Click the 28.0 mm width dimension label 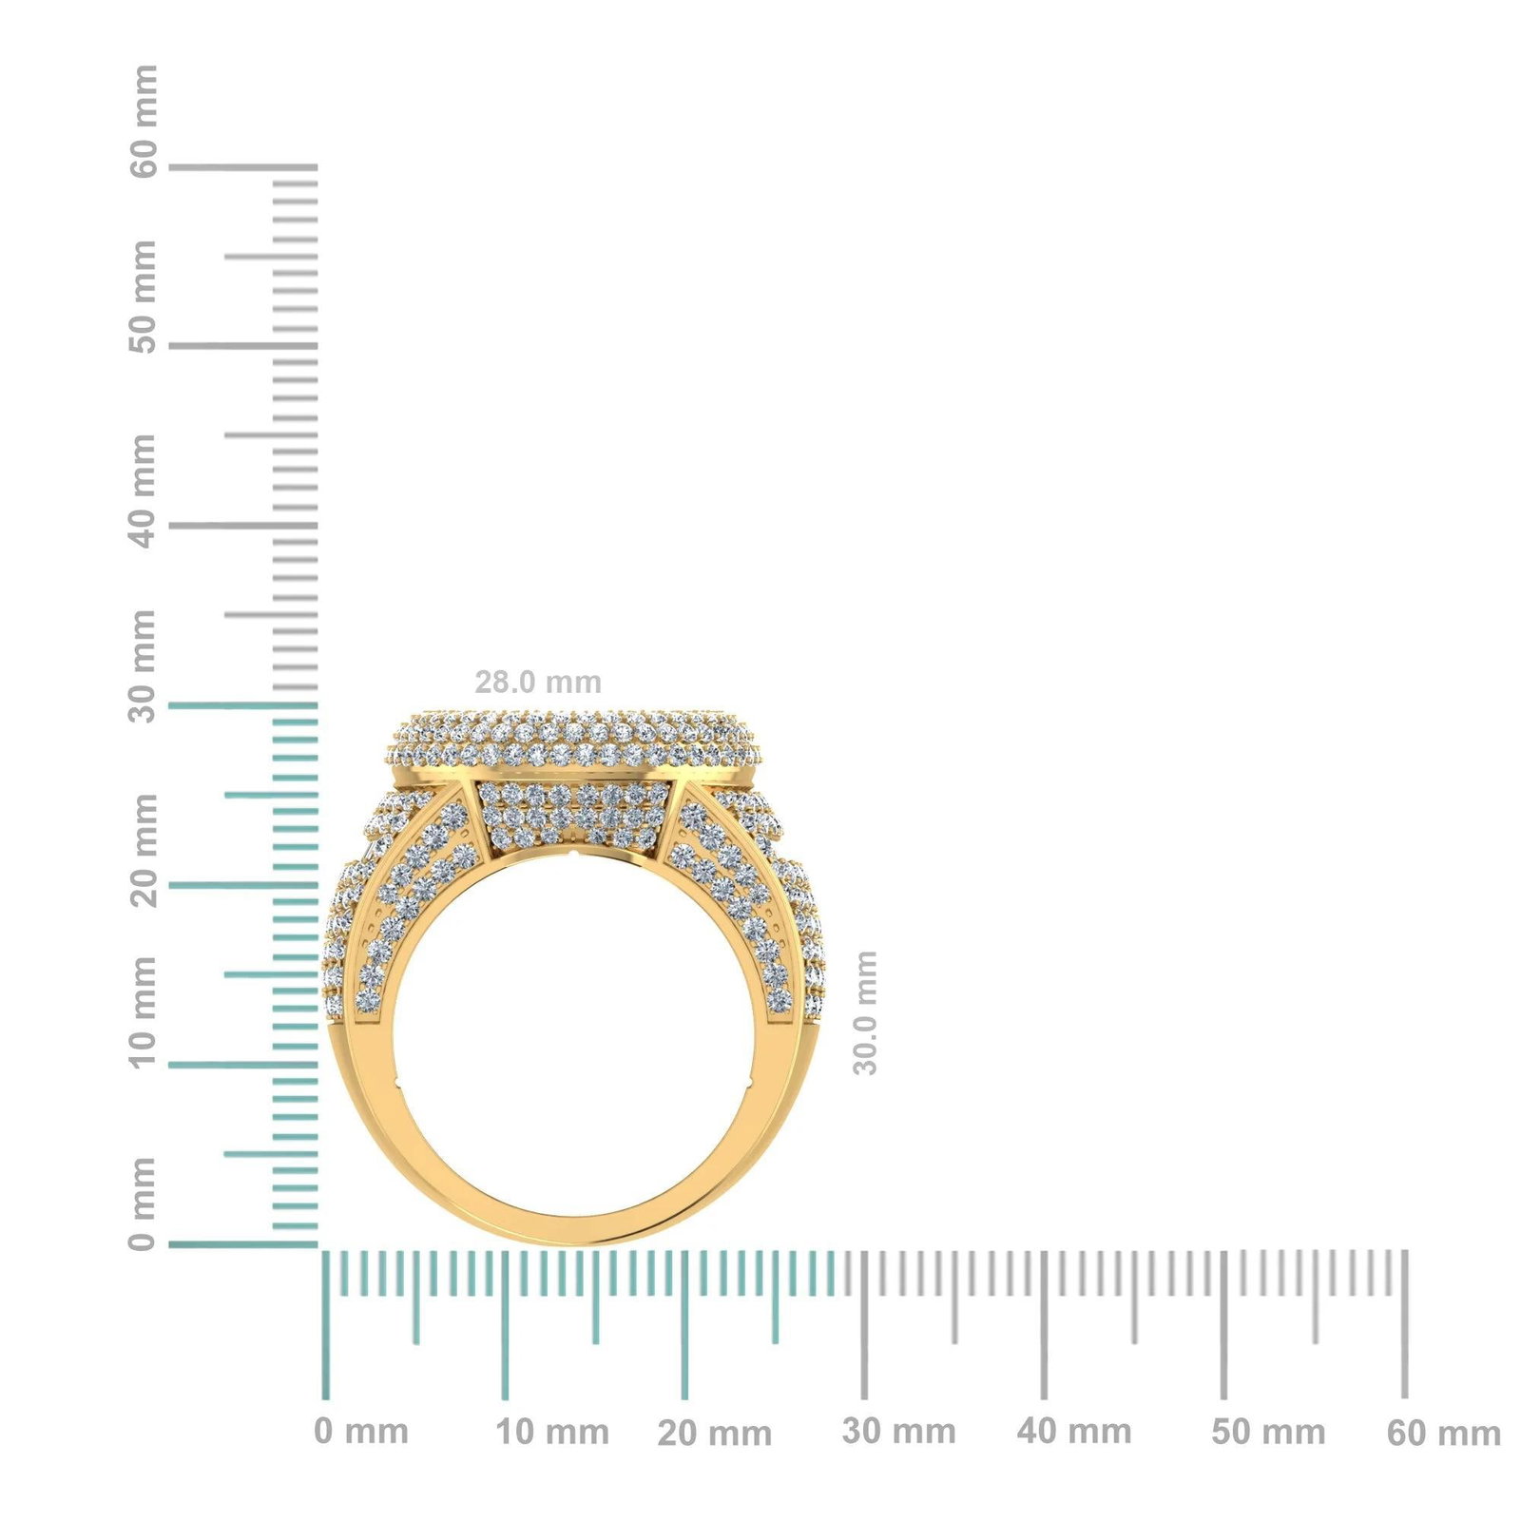point(538,683)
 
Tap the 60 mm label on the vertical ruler point(143,122)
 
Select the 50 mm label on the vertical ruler point(143,297)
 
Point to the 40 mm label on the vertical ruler point(143,491)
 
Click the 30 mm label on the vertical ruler point(143,666)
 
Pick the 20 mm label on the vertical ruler point(143,851)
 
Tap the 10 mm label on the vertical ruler point(143,1013)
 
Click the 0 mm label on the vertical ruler point(143,1203)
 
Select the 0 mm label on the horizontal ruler point(361,1432)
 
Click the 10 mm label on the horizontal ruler point(552,1432)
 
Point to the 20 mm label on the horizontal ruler point(714,1434)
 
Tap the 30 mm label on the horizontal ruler point(898,1432)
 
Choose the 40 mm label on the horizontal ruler point(1074,1432)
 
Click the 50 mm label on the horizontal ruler point(1268,1432)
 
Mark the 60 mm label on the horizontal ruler point(1443,1434)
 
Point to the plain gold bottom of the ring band point(580,1227)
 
